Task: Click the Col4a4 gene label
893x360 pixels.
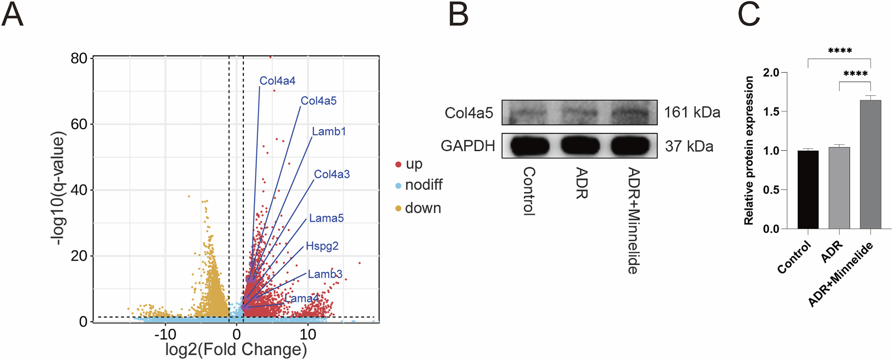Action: [277, 81]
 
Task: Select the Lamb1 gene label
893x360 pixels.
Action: [329, 132]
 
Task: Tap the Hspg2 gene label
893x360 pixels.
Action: [322, 246]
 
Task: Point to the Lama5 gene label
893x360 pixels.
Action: [326, 218]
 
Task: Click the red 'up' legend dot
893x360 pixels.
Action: [398, 164]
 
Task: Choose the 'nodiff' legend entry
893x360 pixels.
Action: [423, 185]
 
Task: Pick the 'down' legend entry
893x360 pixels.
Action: [422, 208]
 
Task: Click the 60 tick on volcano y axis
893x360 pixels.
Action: [79, 124]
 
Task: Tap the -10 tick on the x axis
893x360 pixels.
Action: [165, 334]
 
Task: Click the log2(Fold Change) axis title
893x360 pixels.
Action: [236, 349]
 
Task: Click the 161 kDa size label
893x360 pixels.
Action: [692, 112]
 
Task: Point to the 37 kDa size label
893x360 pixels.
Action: [689, 146]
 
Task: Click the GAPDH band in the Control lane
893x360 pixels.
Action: [529, 146]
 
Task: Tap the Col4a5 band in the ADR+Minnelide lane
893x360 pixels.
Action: [632, 112]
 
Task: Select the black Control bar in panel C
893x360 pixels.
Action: [808, 190]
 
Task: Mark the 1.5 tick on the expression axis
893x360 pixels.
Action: [771, 111]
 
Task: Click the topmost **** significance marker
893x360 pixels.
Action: [840, 51]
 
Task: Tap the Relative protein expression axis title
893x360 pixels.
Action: [749, 150]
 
